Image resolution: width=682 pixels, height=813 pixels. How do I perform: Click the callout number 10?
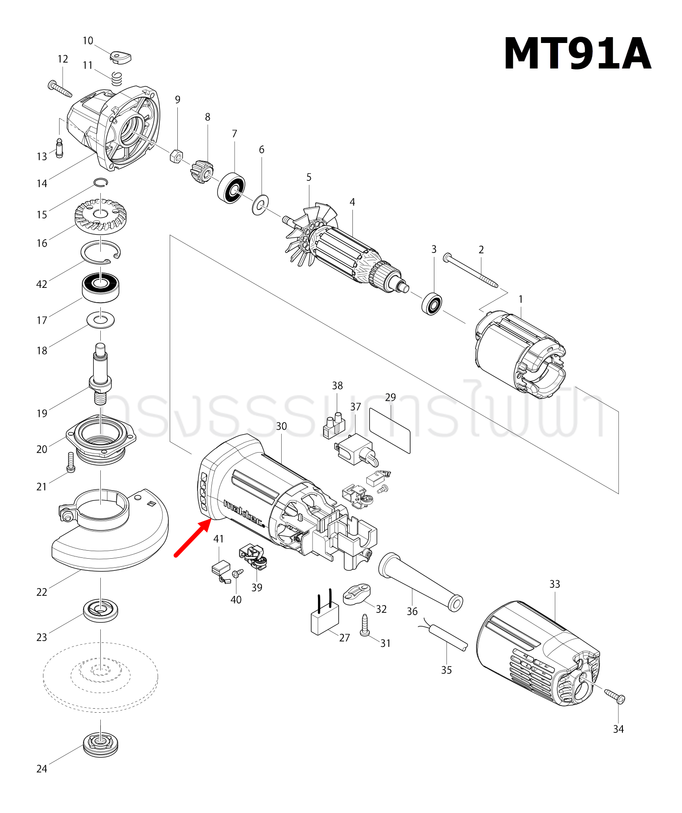click(88, 41)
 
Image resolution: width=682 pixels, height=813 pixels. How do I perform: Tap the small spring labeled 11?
click(117, 78)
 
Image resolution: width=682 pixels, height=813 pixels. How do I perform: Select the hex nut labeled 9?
click(176, 156)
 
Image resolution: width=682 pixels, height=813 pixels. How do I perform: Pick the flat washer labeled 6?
click(259, 205)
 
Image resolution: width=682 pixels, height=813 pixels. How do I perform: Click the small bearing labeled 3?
click(432, 303)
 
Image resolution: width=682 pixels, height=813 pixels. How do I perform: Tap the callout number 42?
click(42, 284)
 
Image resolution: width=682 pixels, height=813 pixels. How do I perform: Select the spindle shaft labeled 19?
click(100, 373)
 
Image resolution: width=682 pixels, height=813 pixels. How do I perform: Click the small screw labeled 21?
click(70, 462)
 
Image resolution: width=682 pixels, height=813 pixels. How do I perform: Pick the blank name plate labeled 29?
click(390, 430)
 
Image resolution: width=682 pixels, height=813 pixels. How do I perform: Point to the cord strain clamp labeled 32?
click(357, 595)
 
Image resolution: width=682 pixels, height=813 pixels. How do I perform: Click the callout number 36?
click(412, 611)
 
